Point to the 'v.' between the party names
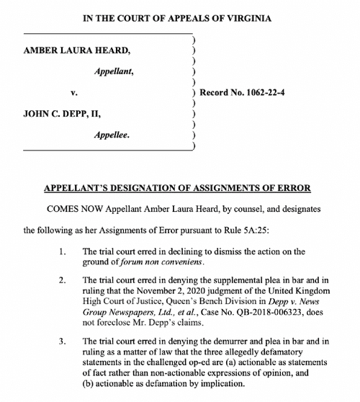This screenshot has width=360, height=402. pyautogui.click(x=73, y=94)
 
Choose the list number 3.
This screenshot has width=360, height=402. pyautogui.click(x=63, y=341)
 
